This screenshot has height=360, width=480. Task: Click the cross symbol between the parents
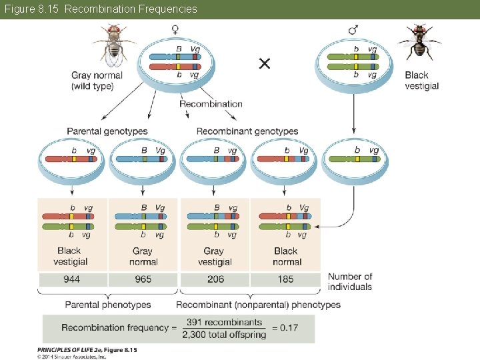click(x=265, y=63)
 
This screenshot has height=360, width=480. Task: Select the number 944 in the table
click(x=72, y=279)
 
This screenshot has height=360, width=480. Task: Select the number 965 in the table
click(x=143, y=279)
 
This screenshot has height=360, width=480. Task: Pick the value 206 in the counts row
click(x=215, y=279)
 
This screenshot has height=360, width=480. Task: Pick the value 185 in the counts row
click(x=285, y=279)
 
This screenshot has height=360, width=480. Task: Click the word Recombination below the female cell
click(x=211, y=104)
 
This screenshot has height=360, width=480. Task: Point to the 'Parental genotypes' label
click(x=107, y=131)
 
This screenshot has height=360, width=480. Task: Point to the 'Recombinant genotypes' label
click(x=247, y=131)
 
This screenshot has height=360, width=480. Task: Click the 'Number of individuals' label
click(x=350, y=281)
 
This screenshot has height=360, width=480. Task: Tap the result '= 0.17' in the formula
click(x=289, y=327)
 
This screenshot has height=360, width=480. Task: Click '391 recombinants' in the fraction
click(x=224, y=322)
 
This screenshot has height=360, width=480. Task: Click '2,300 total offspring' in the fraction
click(x=224, y=334)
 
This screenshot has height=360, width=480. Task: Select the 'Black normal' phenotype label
click(x=286, y=257)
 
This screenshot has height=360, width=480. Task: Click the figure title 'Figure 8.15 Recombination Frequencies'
click(x=101, y=9)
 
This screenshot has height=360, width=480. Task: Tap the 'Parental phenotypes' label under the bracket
click(x=108, y=305)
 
